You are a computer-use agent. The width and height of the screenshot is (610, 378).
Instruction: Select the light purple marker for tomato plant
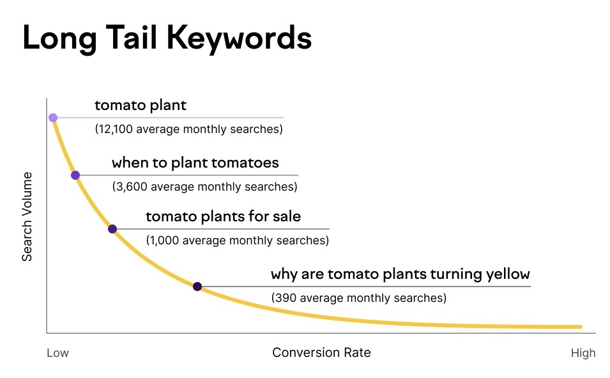point(53,118)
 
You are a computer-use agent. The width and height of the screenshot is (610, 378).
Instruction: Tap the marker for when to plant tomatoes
point(75,175)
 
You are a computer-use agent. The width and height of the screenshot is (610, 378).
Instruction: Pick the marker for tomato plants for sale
point(112,228)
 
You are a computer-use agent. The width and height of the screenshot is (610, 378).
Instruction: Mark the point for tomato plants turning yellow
point(197,287)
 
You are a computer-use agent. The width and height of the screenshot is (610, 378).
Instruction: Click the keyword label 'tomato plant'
point(141,106)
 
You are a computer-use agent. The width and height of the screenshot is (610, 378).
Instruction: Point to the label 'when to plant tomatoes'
point(195,162)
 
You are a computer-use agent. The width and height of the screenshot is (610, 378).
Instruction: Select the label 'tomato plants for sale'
point(223,217)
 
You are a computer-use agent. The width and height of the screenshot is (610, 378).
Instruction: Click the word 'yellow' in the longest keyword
point(508,275)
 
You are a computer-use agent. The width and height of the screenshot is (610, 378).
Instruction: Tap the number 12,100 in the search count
point(115,129)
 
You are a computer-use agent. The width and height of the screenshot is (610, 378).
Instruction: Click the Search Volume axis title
point(27,217)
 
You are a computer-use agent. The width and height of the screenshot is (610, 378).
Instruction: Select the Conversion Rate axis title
point(321,353)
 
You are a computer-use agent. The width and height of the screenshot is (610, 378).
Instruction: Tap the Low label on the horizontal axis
point(57,353)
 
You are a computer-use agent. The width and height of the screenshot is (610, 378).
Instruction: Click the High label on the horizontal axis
point(583,353)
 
